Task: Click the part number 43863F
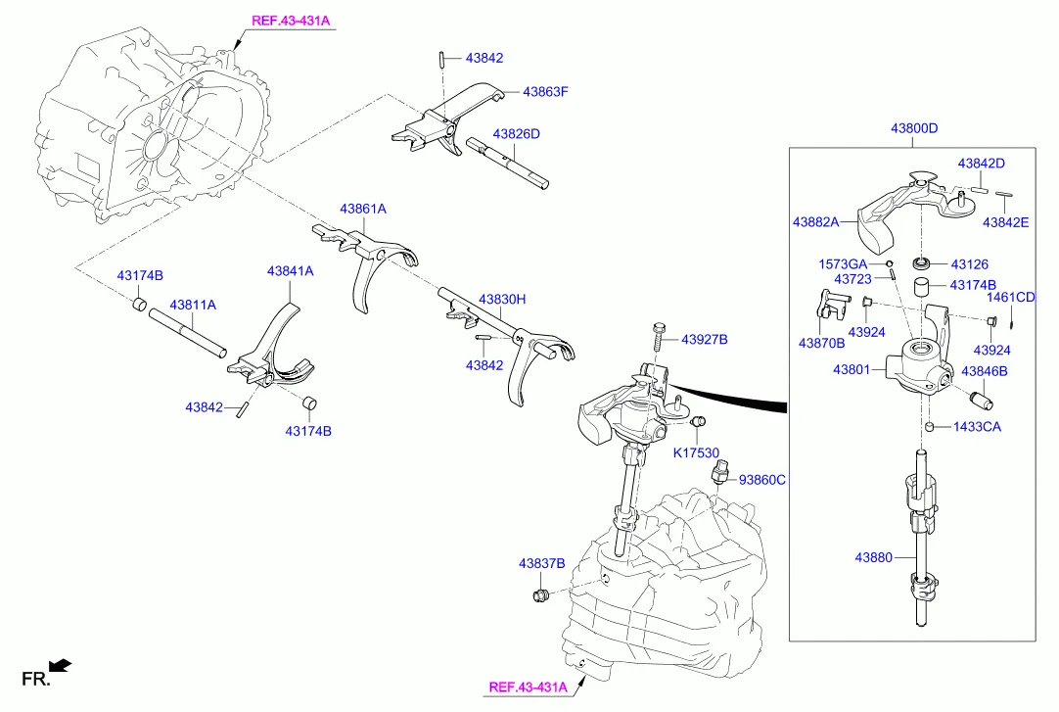[x=545, y=92]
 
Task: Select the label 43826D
[x=516, y=133]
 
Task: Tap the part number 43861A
[x=363, y=209]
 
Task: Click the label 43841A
[x=291, y=270]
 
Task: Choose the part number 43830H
[x=502, y=299]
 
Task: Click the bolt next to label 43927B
[x=657, y=337]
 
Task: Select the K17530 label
[x=696, y=452]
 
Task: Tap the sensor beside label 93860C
[x=721, y=476]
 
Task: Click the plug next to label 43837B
[x=537, y=595]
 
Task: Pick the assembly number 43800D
[x=914, y=128]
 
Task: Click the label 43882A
[x=816, y=222]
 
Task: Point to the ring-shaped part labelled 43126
[x=921, y=263]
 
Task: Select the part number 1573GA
[x=843, y=263]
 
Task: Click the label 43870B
[x=822, y=343]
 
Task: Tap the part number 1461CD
[x=1011, y=297]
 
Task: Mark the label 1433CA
[x=978, y=427]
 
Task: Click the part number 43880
[x=873, y=557]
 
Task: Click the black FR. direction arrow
[x=61, y=667]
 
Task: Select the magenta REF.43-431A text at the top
[x=291, y=20]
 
